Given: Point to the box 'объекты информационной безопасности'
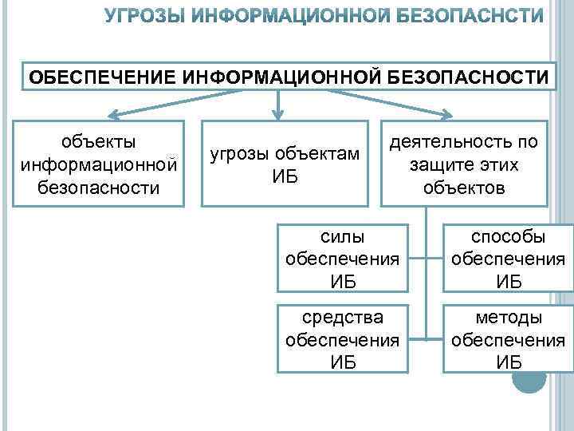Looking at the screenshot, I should [100, 164].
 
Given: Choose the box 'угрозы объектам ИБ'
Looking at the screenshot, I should [285, 164].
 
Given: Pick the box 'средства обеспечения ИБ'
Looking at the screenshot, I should [342, 339].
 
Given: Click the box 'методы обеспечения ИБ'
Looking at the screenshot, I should [508, 339].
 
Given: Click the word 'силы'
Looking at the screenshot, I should [342, 237].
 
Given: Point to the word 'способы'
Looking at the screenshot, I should [508, 237].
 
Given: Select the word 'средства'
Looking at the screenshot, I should [342, 318].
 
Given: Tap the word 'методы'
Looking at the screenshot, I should [508, 318].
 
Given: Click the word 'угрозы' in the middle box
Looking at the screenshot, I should [237, 153].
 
